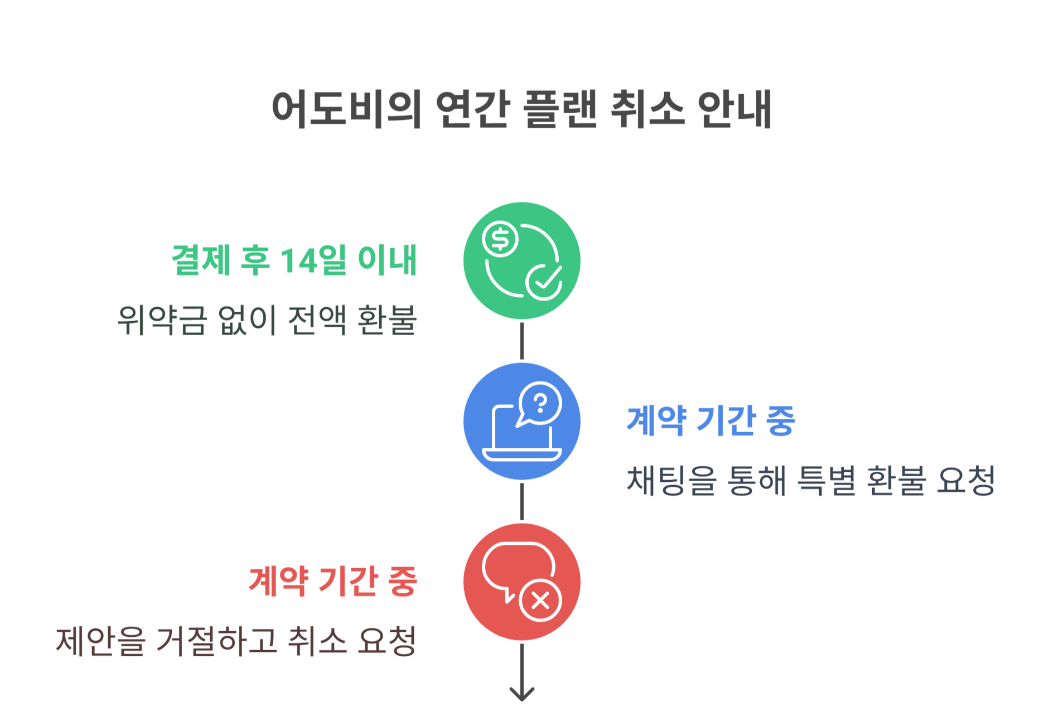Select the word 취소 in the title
point(647,109)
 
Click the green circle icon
point(521,260)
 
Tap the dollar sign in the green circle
point(500,239)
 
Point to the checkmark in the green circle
point(544,281)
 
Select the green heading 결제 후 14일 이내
point(294,260)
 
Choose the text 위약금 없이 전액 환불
point(267,320)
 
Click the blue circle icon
point(521,421)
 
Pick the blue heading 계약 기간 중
point(710,421)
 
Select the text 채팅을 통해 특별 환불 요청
point(811,481)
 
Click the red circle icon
point(521,582)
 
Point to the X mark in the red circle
point(540,601)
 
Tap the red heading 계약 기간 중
point(333,582)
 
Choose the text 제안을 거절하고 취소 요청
point(236,641)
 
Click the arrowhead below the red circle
point(521,694)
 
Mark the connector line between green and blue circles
point(521,341)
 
